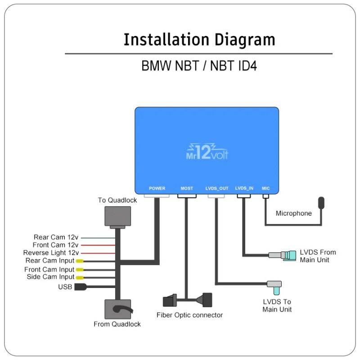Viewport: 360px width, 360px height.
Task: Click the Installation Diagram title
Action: tap(199, 40)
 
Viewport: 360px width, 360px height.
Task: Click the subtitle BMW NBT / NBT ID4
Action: tap(199, 66)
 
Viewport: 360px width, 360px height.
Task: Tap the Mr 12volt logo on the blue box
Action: tap(207, 152)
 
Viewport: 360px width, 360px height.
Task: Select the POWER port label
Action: tap(157, 188)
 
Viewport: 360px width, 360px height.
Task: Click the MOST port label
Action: tap(187, 188)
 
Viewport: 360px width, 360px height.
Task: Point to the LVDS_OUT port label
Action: tap(217, 188)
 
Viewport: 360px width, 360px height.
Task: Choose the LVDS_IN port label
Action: tap(244, 188)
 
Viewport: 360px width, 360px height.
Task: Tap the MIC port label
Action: tap(266, 188)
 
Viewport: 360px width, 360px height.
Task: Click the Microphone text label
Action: tap(293, 213)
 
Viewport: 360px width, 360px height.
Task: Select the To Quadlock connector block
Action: tap(117, 217)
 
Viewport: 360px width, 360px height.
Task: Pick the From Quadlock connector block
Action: tap(117, 309)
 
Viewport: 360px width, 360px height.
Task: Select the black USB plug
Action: tap(80, 287)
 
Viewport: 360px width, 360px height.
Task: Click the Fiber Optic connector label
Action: tap(189, 315)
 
